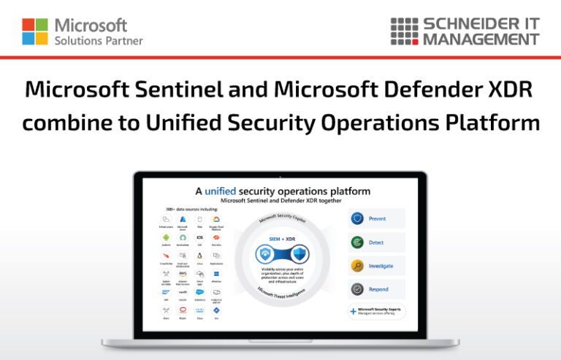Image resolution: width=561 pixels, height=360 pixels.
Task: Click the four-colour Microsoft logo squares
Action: [x=35, y=31]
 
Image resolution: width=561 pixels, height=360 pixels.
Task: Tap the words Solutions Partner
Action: [x=99, y=40]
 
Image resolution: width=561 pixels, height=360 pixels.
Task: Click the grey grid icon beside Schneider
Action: [x=403, y=31]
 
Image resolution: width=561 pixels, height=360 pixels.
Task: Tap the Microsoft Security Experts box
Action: [x=376, y=311]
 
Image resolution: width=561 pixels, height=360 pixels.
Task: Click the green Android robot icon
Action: [x=167, y=238]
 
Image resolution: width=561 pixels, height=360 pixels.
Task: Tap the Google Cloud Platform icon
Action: [x=216, y=219]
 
